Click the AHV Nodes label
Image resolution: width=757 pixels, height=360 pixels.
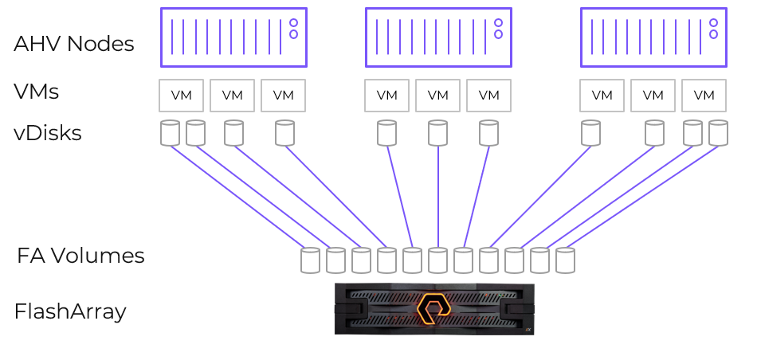pos(73,44)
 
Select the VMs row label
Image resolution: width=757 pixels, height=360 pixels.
pos(37,92)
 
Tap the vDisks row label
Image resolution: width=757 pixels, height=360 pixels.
pos(48,133)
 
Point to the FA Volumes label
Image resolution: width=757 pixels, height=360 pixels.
pos(80,256)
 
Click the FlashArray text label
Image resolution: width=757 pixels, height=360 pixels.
pos(70,311)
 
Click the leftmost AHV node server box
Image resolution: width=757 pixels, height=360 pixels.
pos(233,37)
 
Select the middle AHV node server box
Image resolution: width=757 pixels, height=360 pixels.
pos(438,37)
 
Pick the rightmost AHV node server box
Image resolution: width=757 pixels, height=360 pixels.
pos(653,37)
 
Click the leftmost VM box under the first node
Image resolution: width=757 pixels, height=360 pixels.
pos(182,96)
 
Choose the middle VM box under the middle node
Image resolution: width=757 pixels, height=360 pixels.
pos(438,96)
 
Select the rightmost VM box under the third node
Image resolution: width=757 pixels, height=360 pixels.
pos(704,96)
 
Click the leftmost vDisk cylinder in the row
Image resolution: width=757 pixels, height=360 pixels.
pos(170,133)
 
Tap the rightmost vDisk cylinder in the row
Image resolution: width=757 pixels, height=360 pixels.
pos(719,133)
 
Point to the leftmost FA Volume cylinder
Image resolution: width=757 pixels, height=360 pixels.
pos(310,260)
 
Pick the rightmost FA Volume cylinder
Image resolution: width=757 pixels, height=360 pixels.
pos(565,260)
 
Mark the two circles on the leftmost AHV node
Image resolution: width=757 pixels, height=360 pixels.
pos(293,29)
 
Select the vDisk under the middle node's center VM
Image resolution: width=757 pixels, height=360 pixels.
pos(438,133)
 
